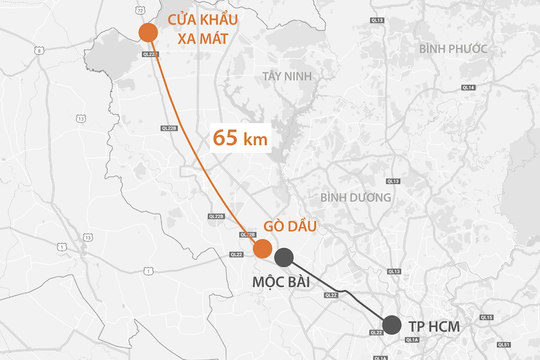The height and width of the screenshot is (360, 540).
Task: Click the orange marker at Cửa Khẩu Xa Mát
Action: (148, 33)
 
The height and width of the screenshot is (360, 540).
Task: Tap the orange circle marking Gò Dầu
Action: (262, 249)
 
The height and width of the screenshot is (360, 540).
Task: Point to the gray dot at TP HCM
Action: (392, 325)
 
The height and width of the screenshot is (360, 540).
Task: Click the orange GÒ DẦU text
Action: (289, 227)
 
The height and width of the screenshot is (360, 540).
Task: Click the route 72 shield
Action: (146, 271)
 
